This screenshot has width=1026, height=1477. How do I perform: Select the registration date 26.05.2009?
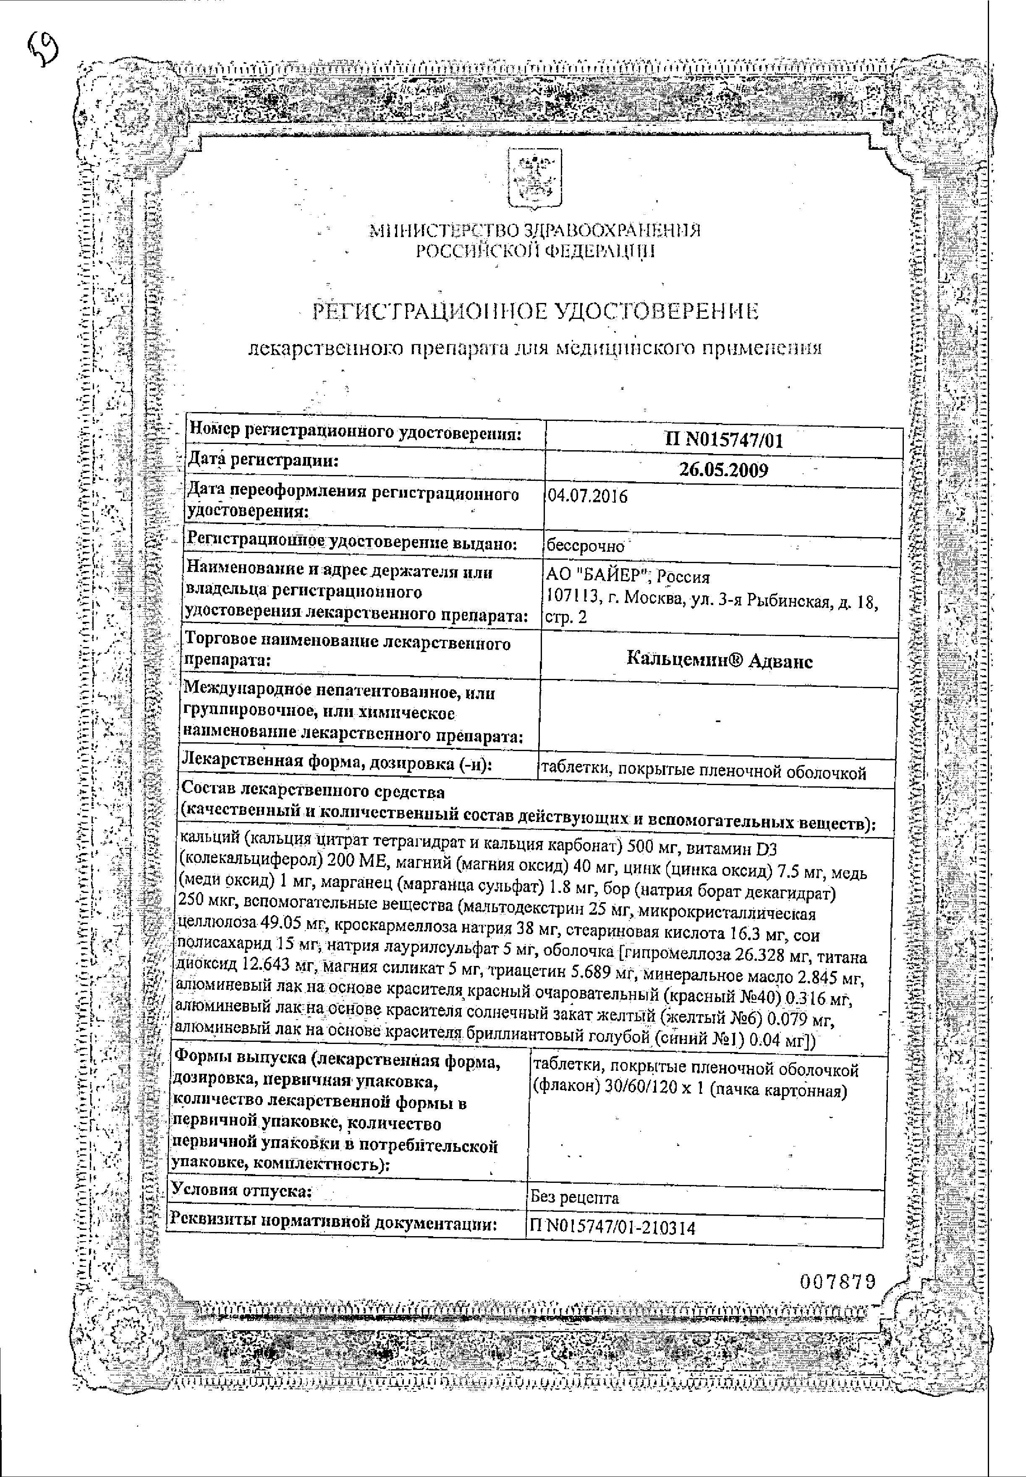tap(723, 471)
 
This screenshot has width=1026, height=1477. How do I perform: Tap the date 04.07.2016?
tap(586, 497)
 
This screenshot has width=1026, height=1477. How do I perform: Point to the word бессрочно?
tap(585, 547)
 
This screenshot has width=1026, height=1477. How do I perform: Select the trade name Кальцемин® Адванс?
tap(719, 661)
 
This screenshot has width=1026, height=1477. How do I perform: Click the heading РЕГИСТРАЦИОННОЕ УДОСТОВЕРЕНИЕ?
tap(535, 312)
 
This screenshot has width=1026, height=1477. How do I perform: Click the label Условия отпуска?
tap(241, 1190)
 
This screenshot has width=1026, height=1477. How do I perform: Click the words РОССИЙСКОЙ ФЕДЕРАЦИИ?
tap(535, 251)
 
